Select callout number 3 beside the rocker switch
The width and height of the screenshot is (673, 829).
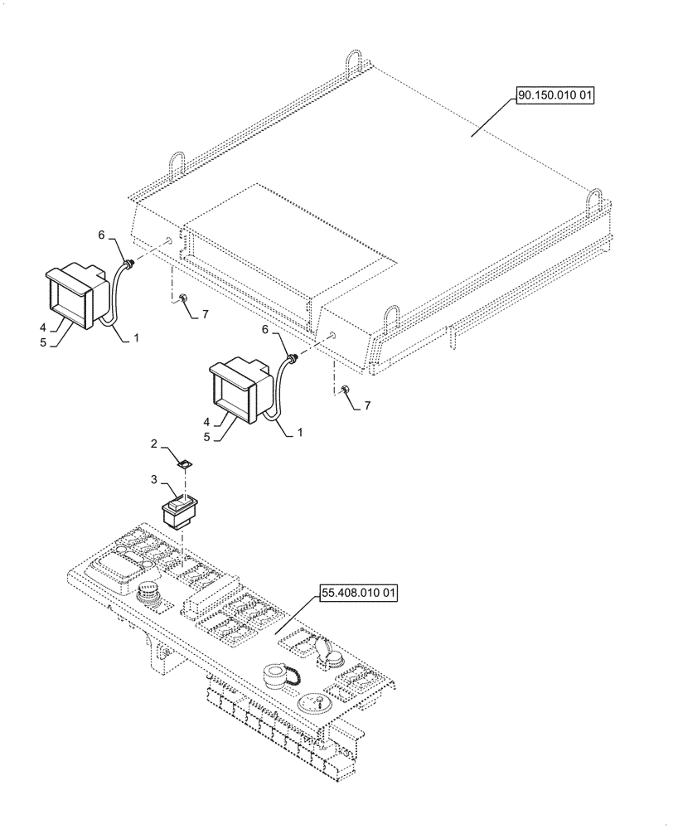153,479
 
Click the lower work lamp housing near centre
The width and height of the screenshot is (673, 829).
240,390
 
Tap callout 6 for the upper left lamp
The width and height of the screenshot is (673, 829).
102,235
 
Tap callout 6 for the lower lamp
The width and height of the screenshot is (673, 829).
264,329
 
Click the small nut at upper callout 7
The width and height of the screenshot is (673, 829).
180,298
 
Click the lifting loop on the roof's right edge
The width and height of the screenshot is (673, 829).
596,199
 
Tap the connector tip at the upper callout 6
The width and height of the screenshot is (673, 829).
129,263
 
